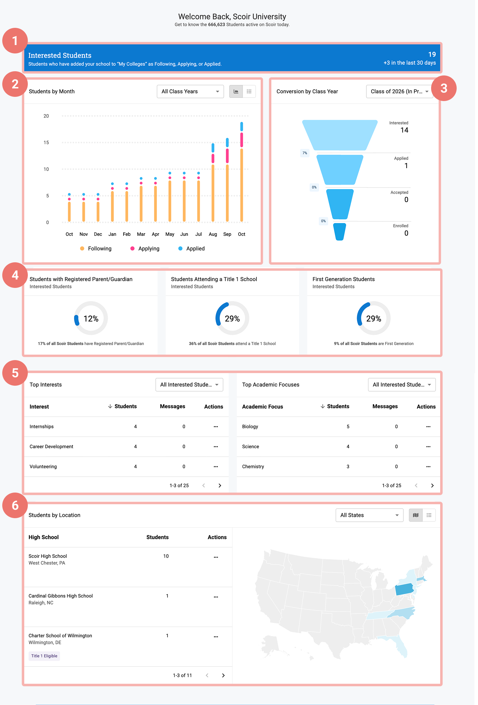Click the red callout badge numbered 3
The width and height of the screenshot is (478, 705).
coord(444,88)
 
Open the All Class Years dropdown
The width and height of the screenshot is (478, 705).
coord(190,91)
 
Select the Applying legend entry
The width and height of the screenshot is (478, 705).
coord(145,248)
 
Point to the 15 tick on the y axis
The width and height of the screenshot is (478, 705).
coord(46,142)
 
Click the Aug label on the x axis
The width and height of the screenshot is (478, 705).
coord(213,234)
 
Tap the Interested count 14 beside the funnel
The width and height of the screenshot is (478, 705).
coord(404,130)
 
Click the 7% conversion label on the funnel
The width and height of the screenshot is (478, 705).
coord(305,153)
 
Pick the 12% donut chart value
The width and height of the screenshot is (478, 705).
coord(91,319)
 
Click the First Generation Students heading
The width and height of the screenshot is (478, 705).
coord(343,279)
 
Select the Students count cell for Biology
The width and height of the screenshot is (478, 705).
coord(348,426)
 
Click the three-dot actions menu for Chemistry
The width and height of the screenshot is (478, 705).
coord(428,467)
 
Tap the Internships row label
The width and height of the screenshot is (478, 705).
coord(42,426)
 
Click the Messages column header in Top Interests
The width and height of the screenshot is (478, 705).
coord(172,406)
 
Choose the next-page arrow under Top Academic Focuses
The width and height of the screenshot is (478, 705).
coord(432,485)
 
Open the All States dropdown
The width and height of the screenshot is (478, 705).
coord(369,515)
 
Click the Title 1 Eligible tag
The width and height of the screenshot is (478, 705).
coord(44,656)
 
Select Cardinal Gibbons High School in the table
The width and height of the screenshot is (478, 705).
coord(60,596)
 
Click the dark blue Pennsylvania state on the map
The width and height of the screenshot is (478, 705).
coord(404,589)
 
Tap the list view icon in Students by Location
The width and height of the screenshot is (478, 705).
coord(429,515)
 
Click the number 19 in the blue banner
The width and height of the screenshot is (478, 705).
coord(432,54)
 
